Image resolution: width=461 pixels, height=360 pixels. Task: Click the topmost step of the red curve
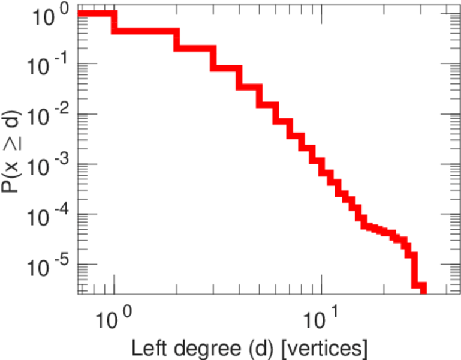[96, 14]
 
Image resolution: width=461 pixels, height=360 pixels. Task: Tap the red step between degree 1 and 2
[146, 30]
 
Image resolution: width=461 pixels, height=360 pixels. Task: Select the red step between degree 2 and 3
[195, 47]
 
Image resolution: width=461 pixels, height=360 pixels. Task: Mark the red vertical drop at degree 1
[115, 22]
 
